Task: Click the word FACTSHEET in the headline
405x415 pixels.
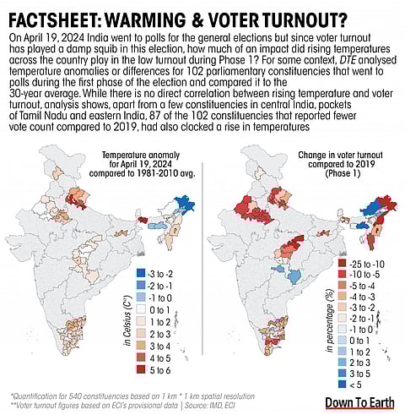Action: coord(58,17)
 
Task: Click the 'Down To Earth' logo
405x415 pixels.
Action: coord(354,401)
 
